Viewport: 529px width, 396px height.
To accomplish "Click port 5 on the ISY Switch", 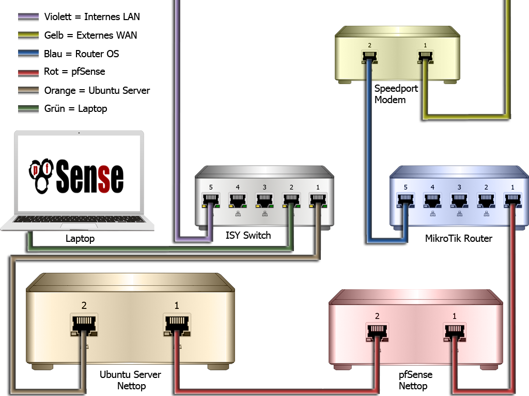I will click(211, 199).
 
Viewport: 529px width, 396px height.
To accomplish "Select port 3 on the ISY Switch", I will click(264, 199).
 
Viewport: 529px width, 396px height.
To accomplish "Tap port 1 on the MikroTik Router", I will click(512, 199).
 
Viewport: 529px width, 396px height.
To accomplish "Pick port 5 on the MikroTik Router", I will click(406, 199).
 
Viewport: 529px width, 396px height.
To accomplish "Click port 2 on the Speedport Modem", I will click(370, 56).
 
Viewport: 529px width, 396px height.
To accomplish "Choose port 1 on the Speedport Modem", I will click(425, 56).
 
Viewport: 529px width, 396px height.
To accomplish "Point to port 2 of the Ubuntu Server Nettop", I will click(83, 323).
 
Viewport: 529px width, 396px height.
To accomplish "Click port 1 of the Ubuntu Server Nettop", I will click(177, 323).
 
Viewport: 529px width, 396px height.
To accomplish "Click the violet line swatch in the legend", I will click(28, 17).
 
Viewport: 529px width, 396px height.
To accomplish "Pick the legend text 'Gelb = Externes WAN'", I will click(90, 36).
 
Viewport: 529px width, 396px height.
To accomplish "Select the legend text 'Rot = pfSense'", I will click(74, 72).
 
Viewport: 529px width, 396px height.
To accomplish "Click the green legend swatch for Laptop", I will click(28, 109).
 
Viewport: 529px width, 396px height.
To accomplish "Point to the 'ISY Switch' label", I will click(248, 236).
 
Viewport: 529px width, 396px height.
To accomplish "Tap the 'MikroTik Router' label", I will click(458, 238).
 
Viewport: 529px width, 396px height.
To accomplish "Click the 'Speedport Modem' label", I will click(396, 94).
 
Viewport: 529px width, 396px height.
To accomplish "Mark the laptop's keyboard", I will click(78, 220).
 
